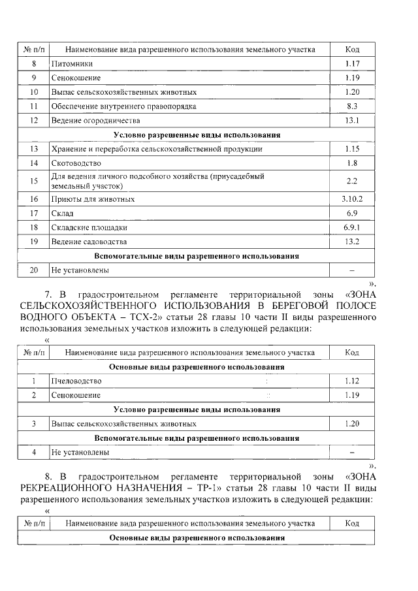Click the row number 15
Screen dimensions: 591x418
click(34, 181)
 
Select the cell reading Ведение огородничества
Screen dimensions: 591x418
click(95, 120)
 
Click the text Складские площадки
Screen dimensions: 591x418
click(89, 227)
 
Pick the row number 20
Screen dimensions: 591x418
click(34, 270)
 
